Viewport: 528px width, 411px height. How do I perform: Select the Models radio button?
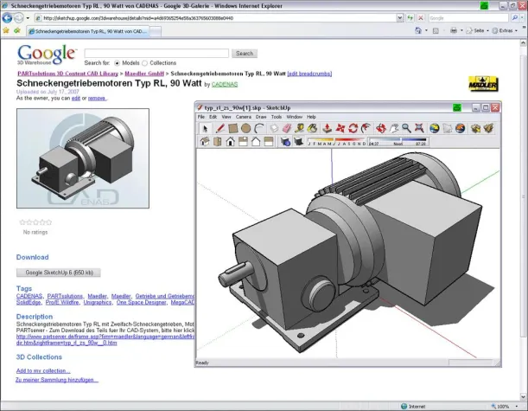coord(118,63)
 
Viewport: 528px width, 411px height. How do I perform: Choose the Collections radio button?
coord(145,63)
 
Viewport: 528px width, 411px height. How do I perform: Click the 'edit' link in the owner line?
coord(75,98)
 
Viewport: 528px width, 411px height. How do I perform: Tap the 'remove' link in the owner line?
coord(97,98)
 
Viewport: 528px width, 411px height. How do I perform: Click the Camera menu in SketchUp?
coord(243,116)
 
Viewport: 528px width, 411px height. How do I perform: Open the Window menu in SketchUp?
coord(294,116)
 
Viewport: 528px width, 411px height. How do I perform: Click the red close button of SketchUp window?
coord(495,107)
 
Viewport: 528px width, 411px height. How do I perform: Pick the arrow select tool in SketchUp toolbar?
coord(205,128)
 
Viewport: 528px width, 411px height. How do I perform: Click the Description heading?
coord(35,317)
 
